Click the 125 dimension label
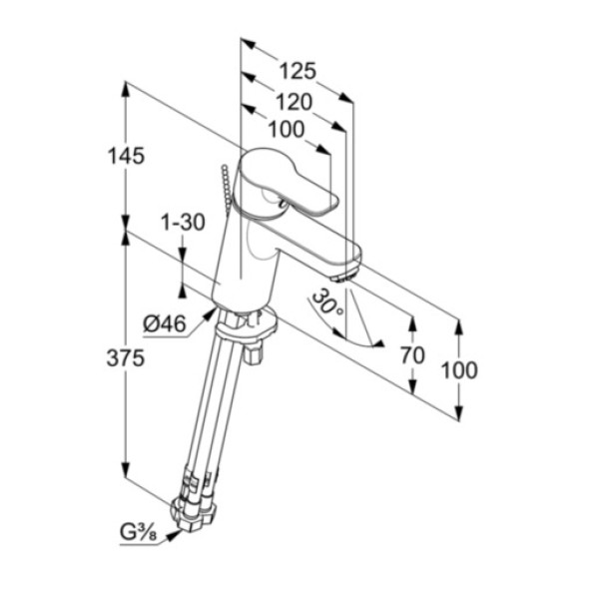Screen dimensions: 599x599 (x=298, y=71)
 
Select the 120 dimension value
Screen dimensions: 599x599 (x=295, y=102)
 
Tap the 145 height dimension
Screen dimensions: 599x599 (x=126, y=156)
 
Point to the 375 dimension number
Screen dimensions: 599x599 (x=126, y=358)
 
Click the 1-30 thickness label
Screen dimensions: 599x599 (x=183, y=222)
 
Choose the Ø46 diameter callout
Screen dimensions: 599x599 (x=165, y=324)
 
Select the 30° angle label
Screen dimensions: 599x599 (x=327, y=305)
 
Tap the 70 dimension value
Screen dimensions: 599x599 (x=412, y=354)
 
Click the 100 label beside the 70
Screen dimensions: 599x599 (x=459, y=369)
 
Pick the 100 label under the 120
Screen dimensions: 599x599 (x=287, y=130)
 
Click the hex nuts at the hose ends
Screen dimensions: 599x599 (x=194, y=512)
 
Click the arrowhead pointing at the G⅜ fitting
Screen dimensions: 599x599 (x=174, y=536)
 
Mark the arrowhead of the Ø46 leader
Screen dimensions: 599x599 (x=210, y=314)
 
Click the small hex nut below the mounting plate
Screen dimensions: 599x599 (x=253, y=353)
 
